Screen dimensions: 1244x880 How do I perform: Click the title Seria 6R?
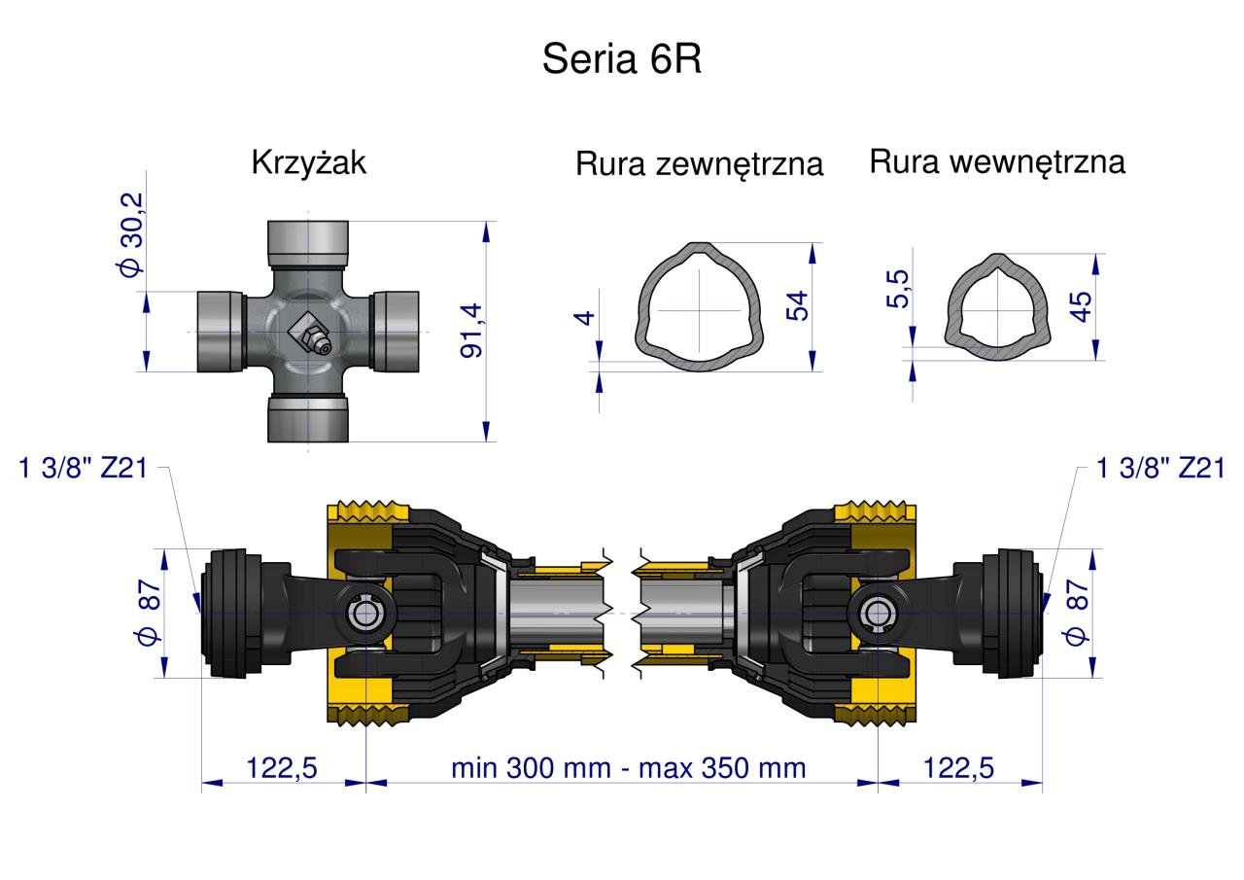click(x=621, y=59)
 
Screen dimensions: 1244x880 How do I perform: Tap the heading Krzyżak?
click(x=309, y=162)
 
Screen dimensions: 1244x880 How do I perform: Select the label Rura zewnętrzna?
click(x=699, y=164)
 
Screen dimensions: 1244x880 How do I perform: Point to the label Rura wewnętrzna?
click(x=997, y=162)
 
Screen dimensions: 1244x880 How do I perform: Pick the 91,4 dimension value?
click(x=472, y=330)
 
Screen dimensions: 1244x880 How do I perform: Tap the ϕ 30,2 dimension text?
click(x=131, y=234)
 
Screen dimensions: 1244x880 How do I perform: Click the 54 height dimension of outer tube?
click(x=797, y=305)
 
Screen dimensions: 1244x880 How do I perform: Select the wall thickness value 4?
click(x=585, y=318)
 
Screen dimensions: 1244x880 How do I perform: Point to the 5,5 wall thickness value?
click(x=897, y=289)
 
